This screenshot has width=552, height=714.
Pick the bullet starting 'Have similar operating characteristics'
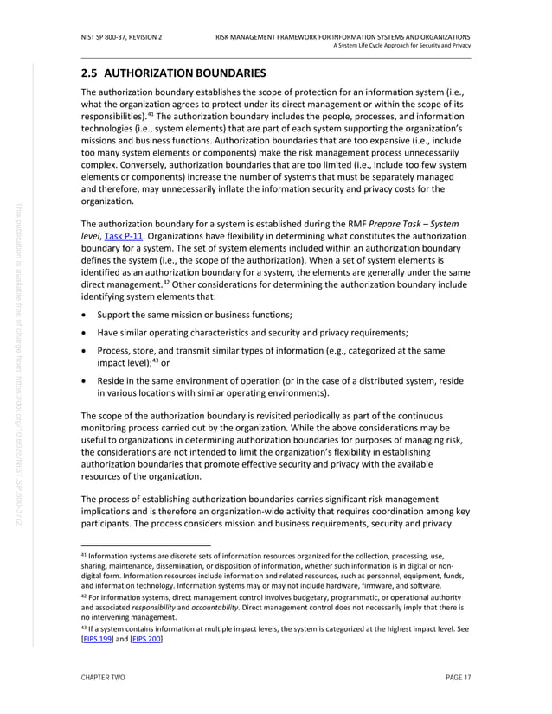coord(253,332)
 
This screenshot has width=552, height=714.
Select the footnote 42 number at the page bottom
coord(83,595)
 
